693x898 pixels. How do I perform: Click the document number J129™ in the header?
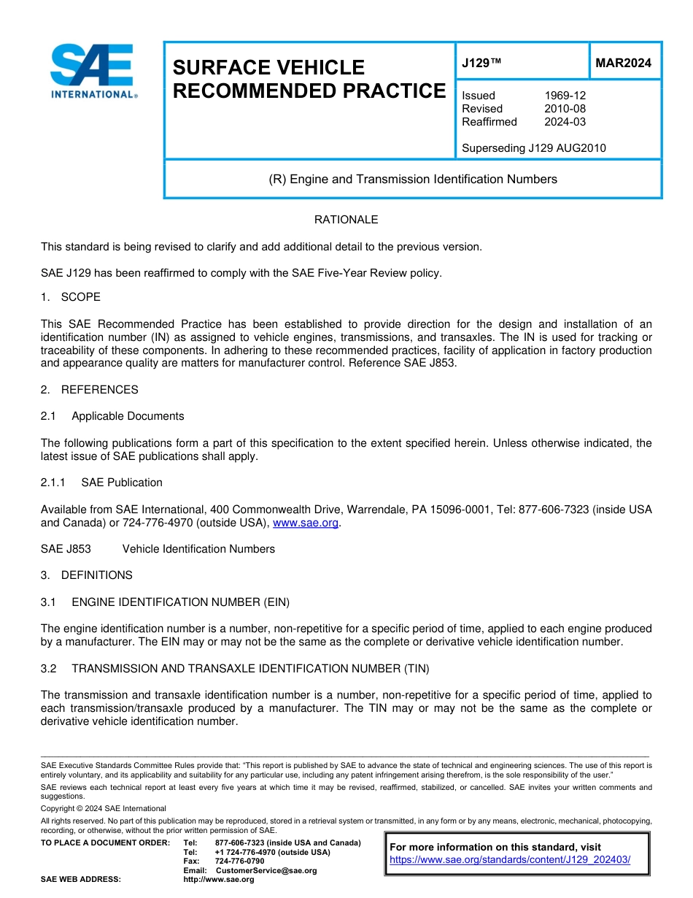point(481,64)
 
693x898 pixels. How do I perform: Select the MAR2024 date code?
point(623,64)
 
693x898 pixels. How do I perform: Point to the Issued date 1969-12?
point(565,96)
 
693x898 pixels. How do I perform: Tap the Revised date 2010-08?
point(565,109)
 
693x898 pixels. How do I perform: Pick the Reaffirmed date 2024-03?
point(565,122)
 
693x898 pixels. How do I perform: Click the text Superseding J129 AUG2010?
point(533,148)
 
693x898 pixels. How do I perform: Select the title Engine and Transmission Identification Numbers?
point(413,179)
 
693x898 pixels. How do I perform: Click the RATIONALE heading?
point(346,220)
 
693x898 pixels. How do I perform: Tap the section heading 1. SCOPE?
point(71,297)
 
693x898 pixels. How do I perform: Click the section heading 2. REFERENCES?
point(89,390)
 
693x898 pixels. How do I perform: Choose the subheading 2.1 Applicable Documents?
point(113,416)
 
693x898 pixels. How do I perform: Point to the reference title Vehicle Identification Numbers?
point(198,549)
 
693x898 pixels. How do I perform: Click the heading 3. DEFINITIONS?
point(87,575)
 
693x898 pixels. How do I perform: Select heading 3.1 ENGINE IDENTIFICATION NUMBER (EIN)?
point(166,602)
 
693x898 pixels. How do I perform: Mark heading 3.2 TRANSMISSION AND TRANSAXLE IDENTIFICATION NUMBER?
point(236,668)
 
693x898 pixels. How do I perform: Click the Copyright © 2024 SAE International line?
point(104,808)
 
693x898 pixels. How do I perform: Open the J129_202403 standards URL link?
point(509,859)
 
